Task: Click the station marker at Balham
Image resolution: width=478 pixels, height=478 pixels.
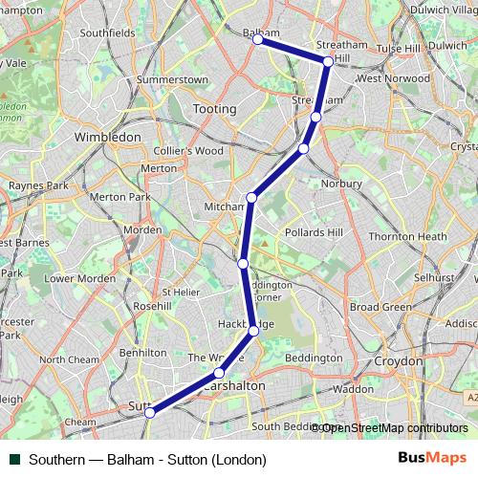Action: [x=258, y=39]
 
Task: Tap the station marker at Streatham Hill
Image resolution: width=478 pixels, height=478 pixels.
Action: [x=328, y=61]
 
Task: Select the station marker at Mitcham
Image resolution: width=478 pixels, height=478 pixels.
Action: [x=252, y=198]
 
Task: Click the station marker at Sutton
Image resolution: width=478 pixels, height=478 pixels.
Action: [x=149, y=412]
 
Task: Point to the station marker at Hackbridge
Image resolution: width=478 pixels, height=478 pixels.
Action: [x=253, y=331]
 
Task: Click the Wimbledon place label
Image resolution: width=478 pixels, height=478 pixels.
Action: [x=108, y=137]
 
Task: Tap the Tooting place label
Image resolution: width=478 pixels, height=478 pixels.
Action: [x=214, y=109]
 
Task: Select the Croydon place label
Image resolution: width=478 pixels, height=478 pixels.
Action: [x=398, y=362]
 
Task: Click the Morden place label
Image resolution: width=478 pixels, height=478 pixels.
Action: [x=142, y=230]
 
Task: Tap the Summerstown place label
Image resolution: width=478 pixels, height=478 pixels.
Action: [x=172, y=78]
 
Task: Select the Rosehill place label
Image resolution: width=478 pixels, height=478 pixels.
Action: [x=152, y=306]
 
